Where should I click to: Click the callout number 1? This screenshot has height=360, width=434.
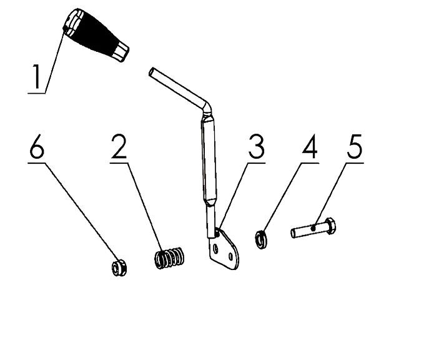pyautogui.click(x=37, y=77)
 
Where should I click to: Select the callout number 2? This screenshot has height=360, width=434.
pyautogui.click(x=119, y=147)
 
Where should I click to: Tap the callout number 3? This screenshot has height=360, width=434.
pyautogui.click(x=256, y=147)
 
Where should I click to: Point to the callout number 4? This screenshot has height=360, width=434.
pyautogui.click(x=310, y=147)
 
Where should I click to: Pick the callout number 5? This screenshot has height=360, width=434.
pyautogui.click(x=355, y=147)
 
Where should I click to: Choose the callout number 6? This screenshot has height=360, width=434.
pyautogui.click(x=37, y=147)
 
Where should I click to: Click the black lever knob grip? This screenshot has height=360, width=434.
pyautogui.click(x=96, y=34)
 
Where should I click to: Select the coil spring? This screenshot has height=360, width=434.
pyautogui.click(x=169, y=257)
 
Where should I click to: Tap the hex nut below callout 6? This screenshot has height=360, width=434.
pyautogui.click(x=119, y=267)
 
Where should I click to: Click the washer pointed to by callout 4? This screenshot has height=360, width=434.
pyautogui.click(x=261, y=239)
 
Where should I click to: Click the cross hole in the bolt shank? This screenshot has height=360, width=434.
pyautogui.click(x=313, y=228)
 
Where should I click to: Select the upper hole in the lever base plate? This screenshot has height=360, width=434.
pyautogui.click(x=216, y=249)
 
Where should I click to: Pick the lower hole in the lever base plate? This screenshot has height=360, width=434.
pyautogui.click(x=231, y=257)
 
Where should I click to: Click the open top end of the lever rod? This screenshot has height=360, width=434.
pyautogui.click(x=152, y=72)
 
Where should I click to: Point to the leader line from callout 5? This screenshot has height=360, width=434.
pyautogui.click(x=329, y=194)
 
